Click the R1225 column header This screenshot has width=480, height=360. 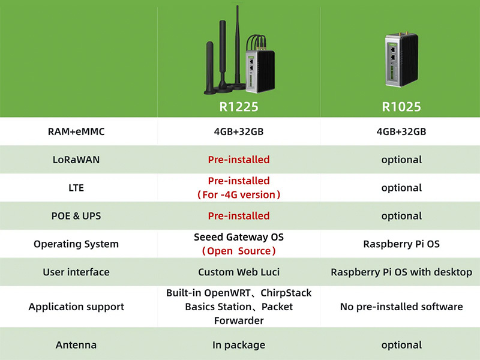[239, 107]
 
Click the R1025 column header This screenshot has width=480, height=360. [401, 107]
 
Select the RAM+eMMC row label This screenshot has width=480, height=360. [76, 131]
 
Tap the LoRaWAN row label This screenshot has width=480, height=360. [76, 160]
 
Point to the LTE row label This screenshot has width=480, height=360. [76, 188]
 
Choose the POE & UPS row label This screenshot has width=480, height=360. [76, 216]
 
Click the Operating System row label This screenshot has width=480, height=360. [76, 244]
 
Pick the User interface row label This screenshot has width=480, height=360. [76, 272]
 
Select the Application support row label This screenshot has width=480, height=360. [76, 307]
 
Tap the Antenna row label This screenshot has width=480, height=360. [76, 345]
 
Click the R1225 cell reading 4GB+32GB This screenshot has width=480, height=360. [239, 131]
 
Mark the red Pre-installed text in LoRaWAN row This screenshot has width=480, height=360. [239, 160]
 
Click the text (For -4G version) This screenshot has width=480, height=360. [239, 195]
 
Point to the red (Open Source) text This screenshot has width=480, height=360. [239, 251]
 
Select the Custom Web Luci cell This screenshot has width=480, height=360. [239, 272]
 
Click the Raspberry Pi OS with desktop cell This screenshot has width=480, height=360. [401, 272]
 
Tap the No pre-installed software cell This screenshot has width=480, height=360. [401, 307]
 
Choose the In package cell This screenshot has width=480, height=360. [239, 345]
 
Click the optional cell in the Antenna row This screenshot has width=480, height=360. [401, 345]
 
